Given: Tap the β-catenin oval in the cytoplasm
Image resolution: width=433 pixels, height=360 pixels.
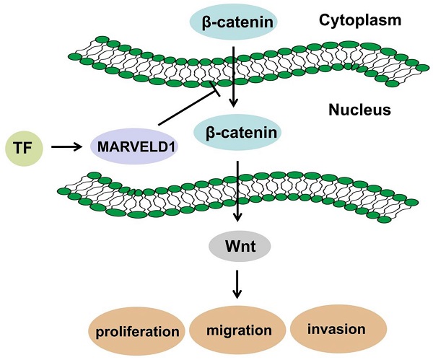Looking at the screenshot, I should point(233,22).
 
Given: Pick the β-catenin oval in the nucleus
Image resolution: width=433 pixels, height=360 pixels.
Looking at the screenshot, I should point(233,133).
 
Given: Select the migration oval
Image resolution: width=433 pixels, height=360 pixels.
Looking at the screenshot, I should point(238,330).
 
